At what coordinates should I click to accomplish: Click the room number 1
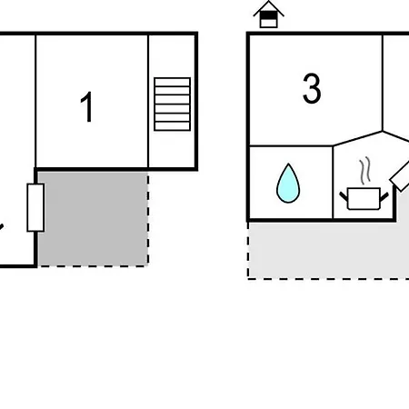coord(86,106)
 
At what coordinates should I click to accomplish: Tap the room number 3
coord(312,88)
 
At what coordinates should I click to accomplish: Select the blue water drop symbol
coord(288,184)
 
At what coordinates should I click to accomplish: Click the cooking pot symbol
coord(364,198)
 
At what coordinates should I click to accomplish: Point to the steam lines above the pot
coord(365,170)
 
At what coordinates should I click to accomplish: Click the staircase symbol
coord(173,105)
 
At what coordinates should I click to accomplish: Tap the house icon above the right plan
coord(269,15)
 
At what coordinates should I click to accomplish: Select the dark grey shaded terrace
coord(93,219)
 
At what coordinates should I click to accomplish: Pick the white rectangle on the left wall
coord(35,207)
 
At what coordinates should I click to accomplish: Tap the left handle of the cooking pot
coord(344,196)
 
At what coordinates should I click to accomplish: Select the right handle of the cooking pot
coord(384,197)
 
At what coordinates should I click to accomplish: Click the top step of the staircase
coord(173,82)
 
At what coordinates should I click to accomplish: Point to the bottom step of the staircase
coord(173,126)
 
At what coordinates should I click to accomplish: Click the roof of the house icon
coord(269,7)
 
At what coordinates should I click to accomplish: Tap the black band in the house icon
coord(269,15)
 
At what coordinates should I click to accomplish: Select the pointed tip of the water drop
coord(289,164)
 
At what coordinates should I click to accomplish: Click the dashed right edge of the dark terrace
coord(148,219)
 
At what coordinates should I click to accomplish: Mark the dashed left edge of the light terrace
coord(248,251)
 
